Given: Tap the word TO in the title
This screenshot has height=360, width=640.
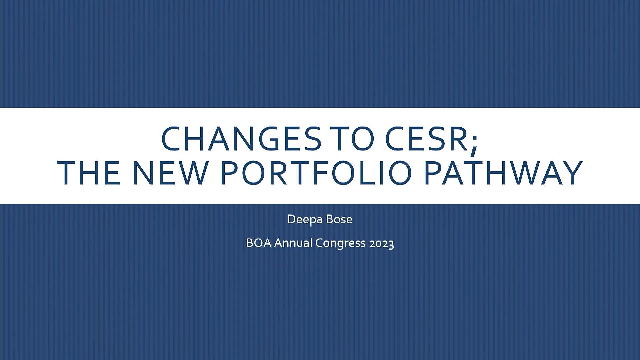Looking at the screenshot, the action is coord(353,138).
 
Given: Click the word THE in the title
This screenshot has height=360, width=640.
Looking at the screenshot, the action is coord(88,173).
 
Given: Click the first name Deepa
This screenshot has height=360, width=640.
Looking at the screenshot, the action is coord(305,220).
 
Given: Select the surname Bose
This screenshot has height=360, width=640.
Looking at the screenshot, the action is coord(339,219).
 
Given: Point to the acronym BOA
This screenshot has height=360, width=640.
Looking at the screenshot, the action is coord(259,243).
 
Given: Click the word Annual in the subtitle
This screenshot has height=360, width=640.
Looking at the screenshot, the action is coord(293,243).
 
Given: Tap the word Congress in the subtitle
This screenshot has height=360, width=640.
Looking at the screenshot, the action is coord(341,244).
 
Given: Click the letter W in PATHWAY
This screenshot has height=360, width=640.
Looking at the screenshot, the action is coord(524,173).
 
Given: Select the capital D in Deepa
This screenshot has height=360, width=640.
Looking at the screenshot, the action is coord(292,219).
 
